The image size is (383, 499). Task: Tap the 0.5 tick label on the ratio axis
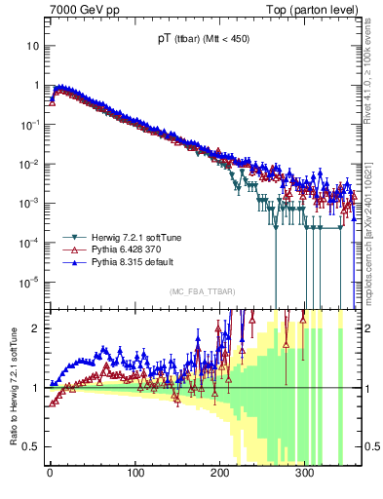pyautogui.click(x=29, y=446)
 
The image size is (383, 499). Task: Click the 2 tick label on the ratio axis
pyautogui.click(x=35, y=328)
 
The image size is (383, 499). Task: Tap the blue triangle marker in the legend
pyautogui.click(x=72, y=262)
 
